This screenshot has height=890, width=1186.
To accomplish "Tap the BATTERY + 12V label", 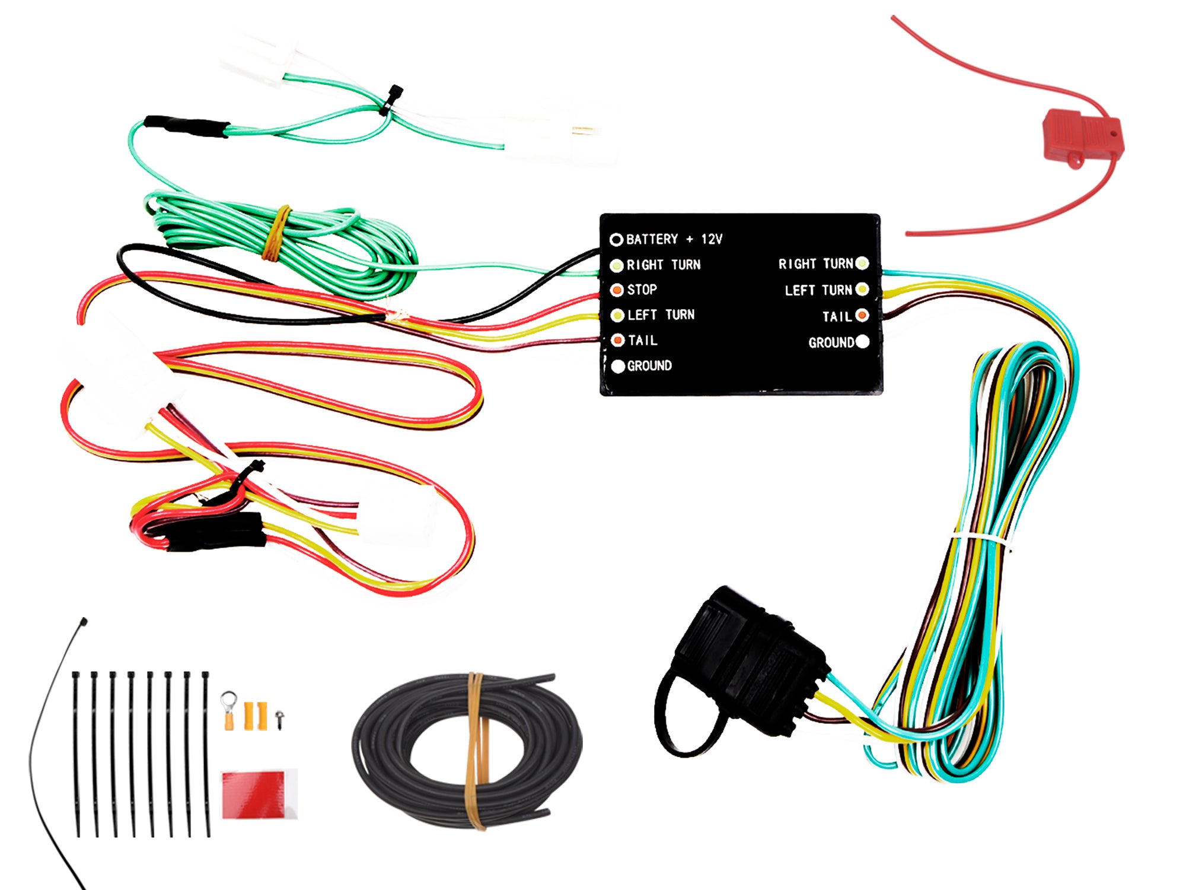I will (674, 239).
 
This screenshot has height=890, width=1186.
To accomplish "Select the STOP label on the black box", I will (642, 290).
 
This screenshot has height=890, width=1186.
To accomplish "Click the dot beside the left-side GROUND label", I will (618, 366).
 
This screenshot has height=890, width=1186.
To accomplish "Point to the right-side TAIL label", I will (837, 317).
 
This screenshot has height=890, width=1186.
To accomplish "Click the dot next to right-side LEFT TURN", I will (862, 290).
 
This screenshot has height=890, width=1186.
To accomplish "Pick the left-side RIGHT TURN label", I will (664, 265).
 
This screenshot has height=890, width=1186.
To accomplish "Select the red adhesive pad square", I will (259, 795).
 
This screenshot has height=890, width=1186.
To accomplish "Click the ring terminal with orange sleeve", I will (229, 709).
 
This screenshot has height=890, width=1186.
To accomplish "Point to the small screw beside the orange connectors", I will (279, 719).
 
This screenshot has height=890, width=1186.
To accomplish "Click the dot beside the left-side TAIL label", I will (618, 340).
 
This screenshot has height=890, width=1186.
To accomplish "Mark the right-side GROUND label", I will (831, 342).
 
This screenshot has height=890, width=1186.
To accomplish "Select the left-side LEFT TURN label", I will (661, 315).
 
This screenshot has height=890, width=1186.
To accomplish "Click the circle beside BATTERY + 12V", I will (617, 239).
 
